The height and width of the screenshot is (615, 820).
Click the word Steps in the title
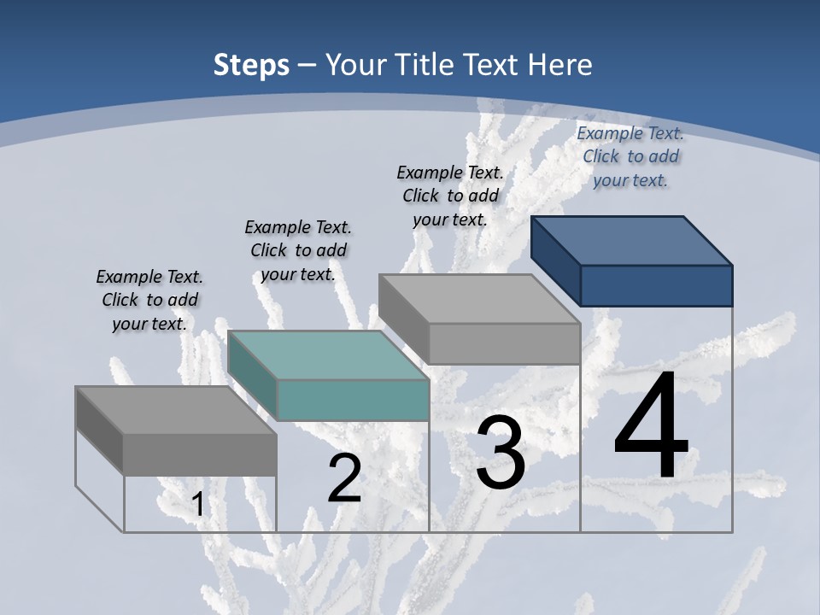pyautogui.click(x=251, y=65)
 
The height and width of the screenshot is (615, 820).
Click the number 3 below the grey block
pyautogui.click(x=501, y=453)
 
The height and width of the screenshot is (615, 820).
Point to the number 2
pyautogui.click(x=344, y=478)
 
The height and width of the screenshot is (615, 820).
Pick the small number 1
pyautogui.click(x=198, y=505)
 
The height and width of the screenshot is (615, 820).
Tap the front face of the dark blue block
pyautogui.click(x=656, y=285)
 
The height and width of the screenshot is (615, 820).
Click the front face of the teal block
pyautogui.click(x=352, y=400)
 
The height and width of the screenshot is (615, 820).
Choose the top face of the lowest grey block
pyautogui.click(x=176, y=410)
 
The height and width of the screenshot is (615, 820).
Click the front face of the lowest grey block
pyautogui.click(x=200, y=454)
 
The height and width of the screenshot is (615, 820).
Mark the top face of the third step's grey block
pyautogui.click(x=479, y=299)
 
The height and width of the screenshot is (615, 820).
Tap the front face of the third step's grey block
pyautogui.click(x=504, y=343)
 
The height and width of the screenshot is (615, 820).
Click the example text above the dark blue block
pyautogui.click(x=630, y=156)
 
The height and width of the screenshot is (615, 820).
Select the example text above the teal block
pyautogui.click(x=298, y=250)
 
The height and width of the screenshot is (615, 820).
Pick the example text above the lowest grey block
pyautogui.click(x=149, y=300)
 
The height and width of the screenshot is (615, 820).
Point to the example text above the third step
pyautogui.click(x=450, y=196)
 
